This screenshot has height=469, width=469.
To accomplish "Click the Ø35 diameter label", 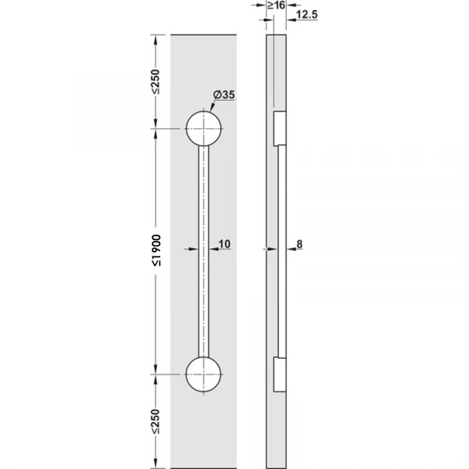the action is [224, 95].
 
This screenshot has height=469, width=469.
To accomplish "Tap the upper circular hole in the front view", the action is [204, 129].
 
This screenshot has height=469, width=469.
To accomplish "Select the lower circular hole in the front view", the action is [203, 374].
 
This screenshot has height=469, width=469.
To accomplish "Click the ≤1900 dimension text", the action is [156, 250].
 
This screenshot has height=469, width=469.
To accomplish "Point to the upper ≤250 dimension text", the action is [156, 81].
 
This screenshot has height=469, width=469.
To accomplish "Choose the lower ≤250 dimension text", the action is [156, 421].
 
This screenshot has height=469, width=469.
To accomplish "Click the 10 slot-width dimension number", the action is [224, 244].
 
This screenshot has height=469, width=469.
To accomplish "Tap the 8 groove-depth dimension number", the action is [299, 244].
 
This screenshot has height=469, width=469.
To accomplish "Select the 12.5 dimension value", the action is [307, 14].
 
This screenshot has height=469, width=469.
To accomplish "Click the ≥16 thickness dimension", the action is [277, 5].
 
